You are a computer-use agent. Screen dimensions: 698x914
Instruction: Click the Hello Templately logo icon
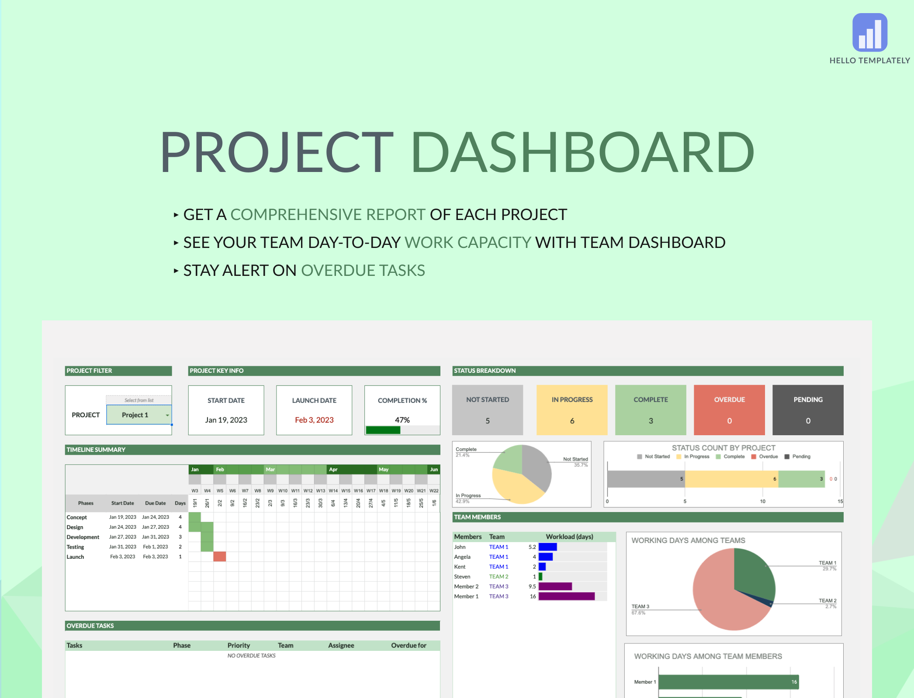coord(869,32)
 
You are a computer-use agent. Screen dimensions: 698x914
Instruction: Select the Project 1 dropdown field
coord(139,415)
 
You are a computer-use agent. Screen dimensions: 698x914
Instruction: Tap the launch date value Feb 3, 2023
coord(314,420)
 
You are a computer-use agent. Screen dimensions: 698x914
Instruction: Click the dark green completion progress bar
coord(383,430)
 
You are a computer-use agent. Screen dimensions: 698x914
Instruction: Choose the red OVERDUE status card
coord(729,409)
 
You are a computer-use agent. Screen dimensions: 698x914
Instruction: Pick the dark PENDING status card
coord(808,409)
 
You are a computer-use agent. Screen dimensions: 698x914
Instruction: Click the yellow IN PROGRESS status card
coord(572,409)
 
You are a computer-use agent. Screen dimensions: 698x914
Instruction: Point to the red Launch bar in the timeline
coord(220,557)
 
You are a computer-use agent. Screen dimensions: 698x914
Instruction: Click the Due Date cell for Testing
coord(156,547)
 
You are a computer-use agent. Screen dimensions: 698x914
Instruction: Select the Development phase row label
coord(83,537)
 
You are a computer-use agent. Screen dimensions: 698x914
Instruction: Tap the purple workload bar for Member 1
coord(566,596)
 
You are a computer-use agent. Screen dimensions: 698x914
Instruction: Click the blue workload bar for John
coord(547,547)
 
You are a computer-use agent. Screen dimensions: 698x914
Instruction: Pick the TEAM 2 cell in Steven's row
coord(499,577)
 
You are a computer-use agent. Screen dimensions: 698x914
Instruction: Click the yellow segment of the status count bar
coord(731,479)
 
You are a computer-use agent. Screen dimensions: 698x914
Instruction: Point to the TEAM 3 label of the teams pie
coord(640,606)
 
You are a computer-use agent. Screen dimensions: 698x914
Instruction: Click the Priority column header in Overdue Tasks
coord(239,645)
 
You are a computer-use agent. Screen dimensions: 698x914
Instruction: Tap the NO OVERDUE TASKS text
coord(251,656)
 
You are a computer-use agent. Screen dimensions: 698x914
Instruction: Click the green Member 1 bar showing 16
coord(728,682)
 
